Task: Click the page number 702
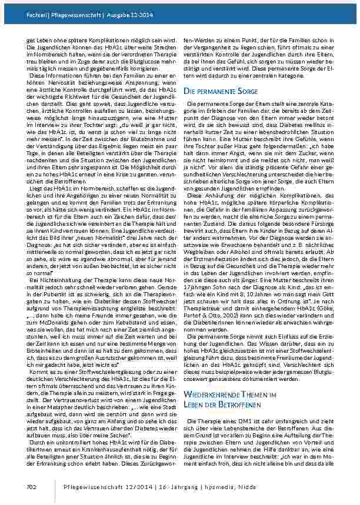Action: point(32,486)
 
